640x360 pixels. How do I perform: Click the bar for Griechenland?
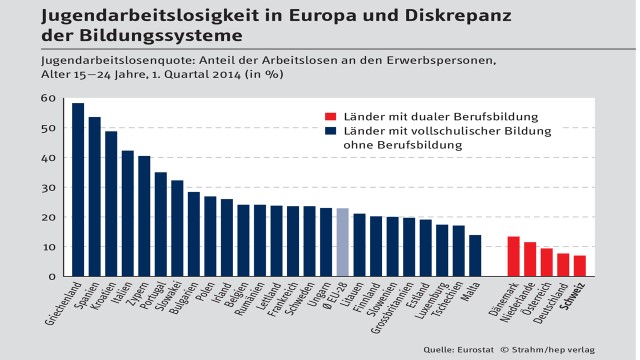pos(78,190)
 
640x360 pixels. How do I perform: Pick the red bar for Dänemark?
pos(513,256)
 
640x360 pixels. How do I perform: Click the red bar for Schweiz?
pos(580,266)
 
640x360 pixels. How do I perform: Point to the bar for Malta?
pos(475,256)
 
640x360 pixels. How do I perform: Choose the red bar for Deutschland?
pos(563,265)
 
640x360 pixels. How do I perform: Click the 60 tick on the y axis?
pos(47,98)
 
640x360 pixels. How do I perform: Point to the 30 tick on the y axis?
pos(47,187)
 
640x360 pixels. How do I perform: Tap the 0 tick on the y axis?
pos(50,276)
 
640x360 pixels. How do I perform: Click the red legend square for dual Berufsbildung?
pos(330,116)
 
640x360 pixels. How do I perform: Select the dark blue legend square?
pos(330,131)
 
